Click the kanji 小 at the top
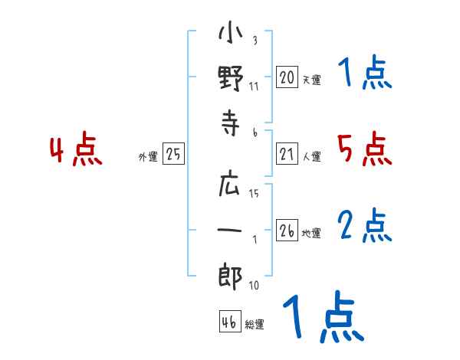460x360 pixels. (x=230, y=32)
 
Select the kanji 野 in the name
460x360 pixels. (x=231, y=78)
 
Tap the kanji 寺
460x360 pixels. (x=230, y=123)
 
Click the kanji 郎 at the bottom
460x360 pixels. (x=230, y=277)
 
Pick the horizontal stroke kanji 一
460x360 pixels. (x=229, y=230)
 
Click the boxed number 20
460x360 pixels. (x=287, y=77)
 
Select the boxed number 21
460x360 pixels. (x=287, y=153)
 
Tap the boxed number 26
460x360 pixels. (x=287, y=230)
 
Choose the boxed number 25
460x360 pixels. (x=173, y=153)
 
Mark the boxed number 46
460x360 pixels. (x=230, y=321)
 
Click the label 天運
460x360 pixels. (x=312, y=80)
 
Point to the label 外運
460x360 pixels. (x=148, y=156)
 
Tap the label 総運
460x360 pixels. (x=255, y=324)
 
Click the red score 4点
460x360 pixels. (x=76, y=148)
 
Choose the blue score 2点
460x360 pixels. (x=364, y=225)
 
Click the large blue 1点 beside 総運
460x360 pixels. (x=324, y=316)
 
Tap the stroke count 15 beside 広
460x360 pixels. (x=254, y=193)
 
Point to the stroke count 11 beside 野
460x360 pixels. (x=254, y=87)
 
